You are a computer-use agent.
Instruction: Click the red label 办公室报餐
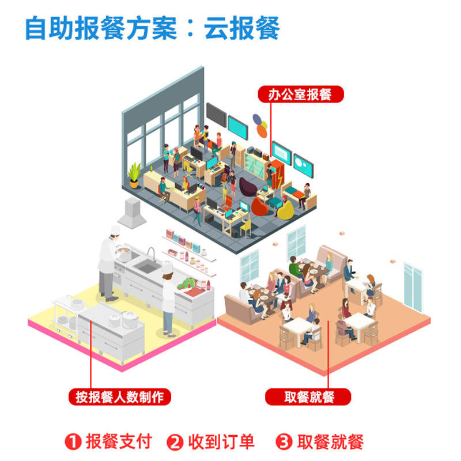coord(300,95)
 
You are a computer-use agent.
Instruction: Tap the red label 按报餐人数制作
coord(120,397)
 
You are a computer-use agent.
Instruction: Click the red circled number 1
coord(72,443)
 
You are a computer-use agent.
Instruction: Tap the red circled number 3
coord(284,443)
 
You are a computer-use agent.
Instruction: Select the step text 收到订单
coord(221,443)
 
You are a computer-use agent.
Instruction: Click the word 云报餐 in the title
coord(242,29)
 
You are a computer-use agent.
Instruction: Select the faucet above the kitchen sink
coord(152,254)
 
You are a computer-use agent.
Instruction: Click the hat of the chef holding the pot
coord(115,230)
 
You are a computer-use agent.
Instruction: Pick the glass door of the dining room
coord(414,286)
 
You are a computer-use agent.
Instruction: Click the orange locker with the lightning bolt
coord(277,175)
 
